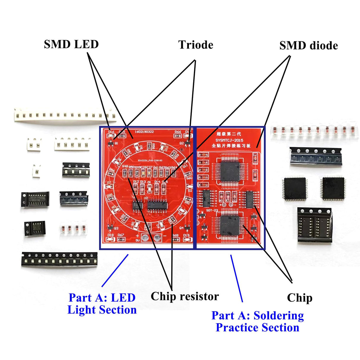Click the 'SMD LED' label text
tap(71, 44)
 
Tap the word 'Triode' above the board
tap(196, 45)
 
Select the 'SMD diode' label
tap(308, 46)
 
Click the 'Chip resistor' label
tap(185, 296)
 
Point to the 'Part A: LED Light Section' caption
tap(102, 304)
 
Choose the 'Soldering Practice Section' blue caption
tap(257, 321)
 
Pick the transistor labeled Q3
tap(110, 228)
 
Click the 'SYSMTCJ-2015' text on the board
tap(229, 140)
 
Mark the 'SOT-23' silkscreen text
tap(212, 210)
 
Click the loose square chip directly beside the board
tap(295, 189)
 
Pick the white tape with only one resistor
tap(36, 171)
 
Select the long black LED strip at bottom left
tap(59, 259)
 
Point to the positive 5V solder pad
tap(146, 237)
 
